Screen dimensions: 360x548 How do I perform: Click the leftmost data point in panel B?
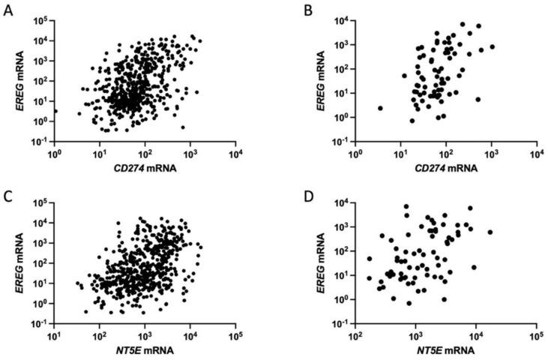click(380, 108)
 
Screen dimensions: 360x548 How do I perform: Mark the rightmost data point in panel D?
click(490, 232)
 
